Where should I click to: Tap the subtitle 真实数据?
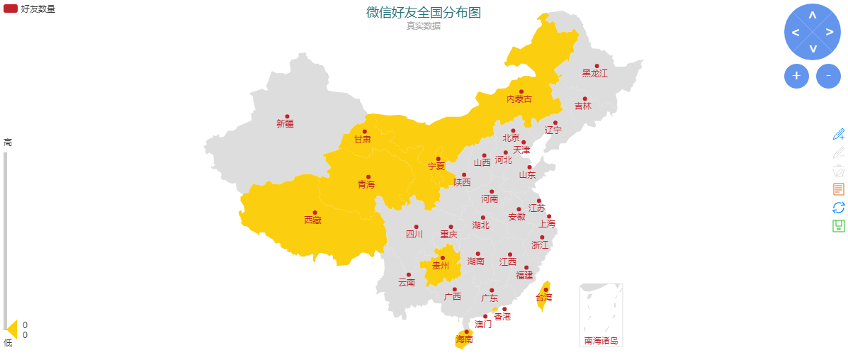pos(423,26)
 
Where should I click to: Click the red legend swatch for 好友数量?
pos(11,9)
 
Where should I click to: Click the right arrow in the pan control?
pos(829,33)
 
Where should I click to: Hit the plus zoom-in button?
pos(796,75)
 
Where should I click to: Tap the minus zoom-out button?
pos(828,75)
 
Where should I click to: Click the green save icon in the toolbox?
pos(839,226)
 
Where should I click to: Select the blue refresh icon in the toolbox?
pos(839,207)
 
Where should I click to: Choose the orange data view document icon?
pos(839,189)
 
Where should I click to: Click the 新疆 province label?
pos(285,124)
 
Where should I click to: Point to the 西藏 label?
pos(312,220)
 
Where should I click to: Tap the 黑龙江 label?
pos(594,73)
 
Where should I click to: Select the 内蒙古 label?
pos(519,99)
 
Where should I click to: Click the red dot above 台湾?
pos(545,289)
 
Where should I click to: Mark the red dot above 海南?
pos(466,332)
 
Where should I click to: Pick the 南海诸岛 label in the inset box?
pos(601,341)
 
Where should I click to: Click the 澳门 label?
pos(483,325)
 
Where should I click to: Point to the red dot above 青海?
pos(368,177)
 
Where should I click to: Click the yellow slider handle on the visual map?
pos(11,329)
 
